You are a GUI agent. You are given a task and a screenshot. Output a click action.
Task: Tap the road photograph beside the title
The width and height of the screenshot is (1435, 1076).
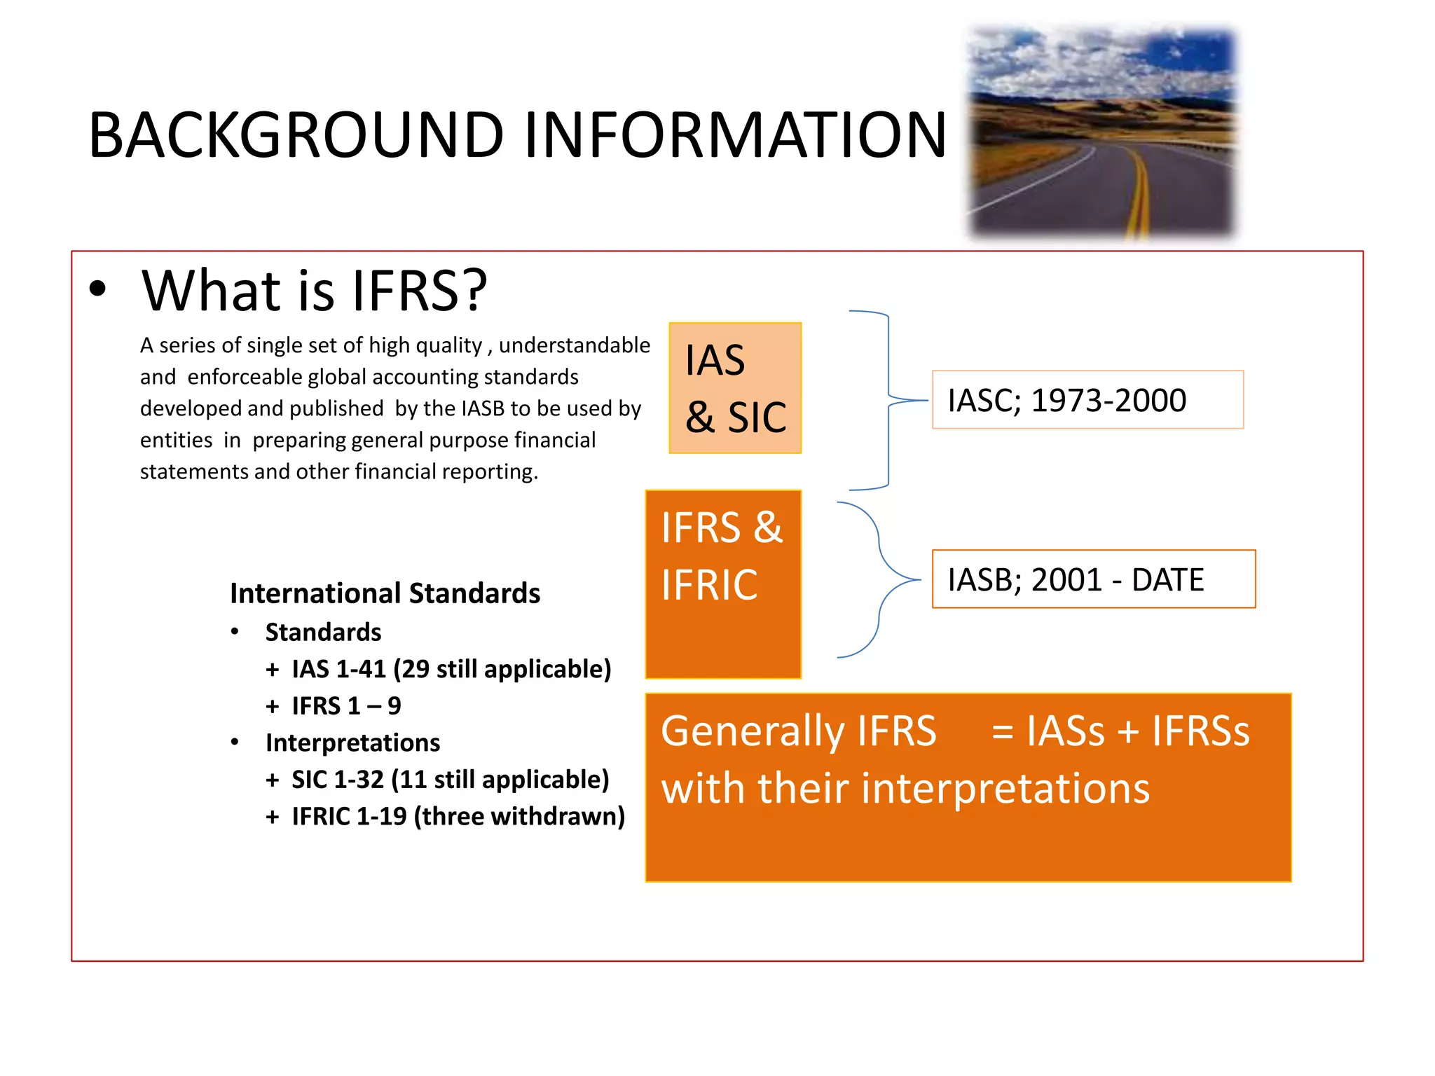(x=1101, y=133)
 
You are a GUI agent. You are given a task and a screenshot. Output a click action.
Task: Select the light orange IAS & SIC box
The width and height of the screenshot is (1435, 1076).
(x=735, y=387)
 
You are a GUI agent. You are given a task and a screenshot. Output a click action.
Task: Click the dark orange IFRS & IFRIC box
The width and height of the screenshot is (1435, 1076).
(x=722, y=584)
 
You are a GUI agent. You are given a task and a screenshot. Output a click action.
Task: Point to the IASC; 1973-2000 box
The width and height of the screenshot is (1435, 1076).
(x=1087, y=400)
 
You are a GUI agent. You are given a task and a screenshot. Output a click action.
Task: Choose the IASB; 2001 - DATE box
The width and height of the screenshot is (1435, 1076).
(x=1093, y=579)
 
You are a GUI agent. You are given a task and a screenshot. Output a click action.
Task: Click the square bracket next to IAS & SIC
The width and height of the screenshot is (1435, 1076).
(x=887, y=400)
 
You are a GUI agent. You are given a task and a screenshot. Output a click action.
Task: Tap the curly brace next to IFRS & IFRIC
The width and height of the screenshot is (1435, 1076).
(x=879, y=580)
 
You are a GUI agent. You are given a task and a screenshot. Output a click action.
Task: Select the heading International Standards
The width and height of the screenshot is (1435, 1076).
(x=385, y=593)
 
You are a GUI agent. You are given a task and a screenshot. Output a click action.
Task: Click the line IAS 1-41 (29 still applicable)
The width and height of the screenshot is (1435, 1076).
(x=451, y=669)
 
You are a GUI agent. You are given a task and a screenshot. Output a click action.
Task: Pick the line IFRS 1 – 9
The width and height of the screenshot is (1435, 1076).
(x=346, y=706)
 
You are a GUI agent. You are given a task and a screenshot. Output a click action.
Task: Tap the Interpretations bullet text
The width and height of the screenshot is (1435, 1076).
(x=352, y=743)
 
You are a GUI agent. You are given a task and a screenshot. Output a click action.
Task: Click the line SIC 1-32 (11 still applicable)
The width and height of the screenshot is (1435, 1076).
(x=450, y=780)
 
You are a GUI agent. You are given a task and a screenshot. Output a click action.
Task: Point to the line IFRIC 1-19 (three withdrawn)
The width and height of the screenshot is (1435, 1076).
(x=458, y=817)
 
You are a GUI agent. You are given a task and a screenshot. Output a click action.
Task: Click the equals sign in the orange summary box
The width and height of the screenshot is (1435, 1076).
(x=1002, y=733)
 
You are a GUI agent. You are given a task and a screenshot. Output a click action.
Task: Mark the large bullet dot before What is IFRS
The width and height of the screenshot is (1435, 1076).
(x=98, y=289)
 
